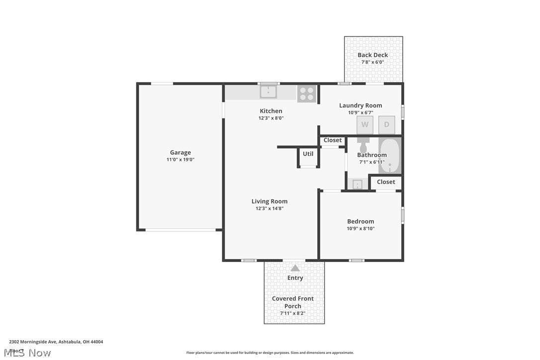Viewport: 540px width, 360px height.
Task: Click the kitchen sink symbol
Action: click(268, 92)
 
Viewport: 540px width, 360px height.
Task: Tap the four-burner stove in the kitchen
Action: click(307, 94)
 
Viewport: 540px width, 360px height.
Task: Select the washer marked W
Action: click(364, 125)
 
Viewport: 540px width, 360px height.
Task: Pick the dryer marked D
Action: click(387, 125)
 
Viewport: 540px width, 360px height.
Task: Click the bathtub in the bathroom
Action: click(390, 156)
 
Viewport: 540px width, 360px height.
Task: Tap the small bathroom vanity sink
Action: click(358, 184)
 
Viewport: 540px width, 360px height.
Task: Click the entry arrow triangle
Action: click(295, 268)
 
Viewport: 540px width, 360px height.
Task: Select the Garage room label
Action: click(180, 153)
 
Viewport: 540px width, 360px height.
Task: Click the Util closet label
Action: click(308, 154)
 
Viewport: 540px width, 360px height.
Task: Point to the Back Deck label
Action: click(373, 55)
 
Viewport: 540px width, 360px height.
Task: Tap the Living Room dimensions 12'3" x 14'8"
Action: click(270, 209)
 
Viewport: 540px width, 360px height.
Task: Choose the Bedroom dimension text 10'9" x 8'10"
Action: click(360, 229)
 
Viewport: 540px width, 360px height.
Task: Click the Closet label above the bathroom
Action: click(333, 140)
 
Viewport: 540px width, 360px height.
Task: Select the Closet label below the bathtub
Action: click(386, 182)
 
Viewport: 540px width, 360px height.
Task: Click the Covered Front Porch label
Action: click(293, 302)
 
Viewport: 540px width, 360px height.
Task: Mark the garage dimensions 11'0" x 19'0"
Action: click(180, 160)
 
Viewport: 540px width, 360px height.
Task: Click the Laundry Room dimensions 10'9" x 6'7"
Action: click(360, 112)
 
